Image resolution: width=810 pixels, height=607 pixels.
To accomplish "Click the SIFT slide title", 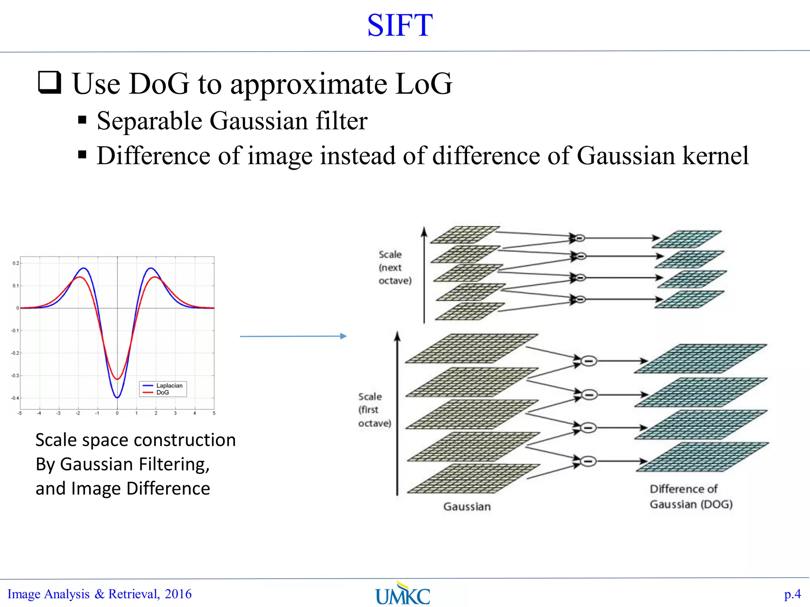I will click(400, 26).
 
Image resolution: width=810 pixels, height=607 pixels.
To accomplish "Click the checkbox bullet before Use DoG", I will click(50, 82).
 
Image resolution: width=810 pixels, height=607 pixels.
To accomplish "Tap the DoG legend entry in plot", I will click(163, 392).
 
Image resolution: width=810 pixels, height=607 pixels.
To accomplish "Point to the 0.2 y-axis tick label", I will click(15, 263).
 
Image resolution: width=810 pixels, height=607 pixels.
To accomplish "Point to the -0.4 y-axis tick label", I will click(15, 398).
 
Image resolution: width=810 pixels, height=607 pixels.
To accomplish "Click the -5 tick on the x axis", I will click(20, 413).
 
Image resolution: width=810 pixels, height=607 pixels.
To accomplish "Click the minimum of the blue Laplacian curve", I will click(117, 397).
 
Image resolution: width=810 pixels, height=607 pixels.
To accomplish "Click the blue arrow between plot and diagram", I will click(293, 336).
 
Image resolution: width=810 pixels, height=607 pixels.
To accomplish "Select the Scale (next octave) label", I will click(394, 268).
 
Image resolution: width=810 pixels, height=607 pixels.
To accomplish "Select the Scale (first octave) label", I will click(374, 410).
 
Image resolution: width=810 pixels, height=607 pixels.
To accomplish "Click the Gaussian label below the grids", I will click(467, 507).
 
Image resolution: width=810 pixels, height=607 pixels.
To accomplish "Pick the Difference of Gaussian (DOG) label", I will click(691, 497).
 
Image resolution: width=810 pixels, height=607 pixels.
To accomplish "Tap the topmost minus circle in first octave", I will click(589, 361).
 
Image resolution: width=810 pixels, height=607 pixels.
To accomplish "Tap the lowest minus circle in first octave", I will click(589, 461).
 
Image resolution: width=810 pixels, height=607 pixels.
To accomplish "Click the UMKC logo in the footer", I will click(403, 594).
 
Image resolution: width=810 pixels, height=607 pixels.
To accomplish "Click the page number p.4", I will click(792, 594).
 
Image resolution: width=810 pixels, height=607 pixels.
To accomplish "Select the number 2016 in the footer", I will click(178, 594).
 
